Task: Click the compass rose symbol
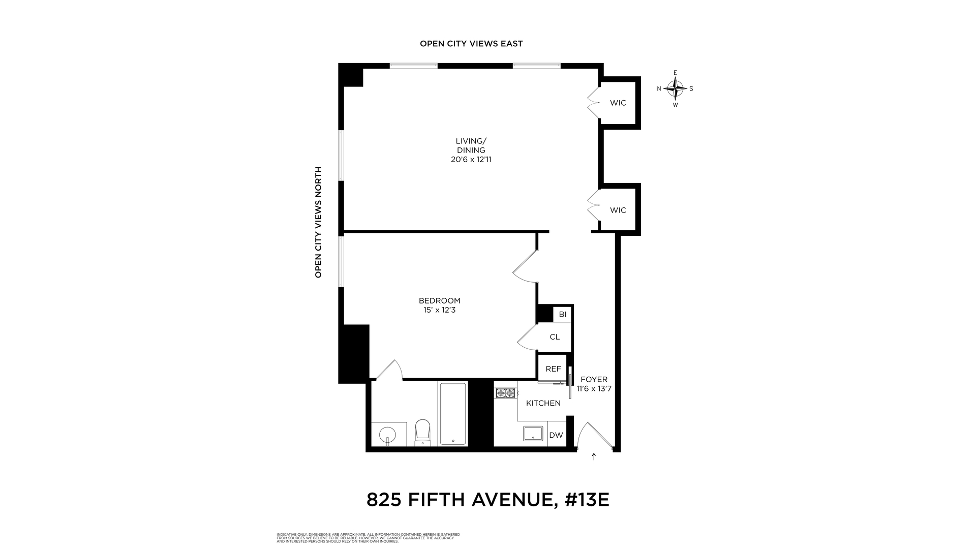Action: click(x=675, y=89)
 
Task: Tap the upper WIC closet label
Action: click(x=618, y=103)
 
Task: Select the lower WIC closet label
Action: click(x=618, y=210)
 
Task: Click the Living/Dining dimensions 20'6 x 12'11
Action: click(x=471, y=160)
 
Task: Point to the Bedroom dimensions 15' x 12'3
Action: click(x=439, y=310)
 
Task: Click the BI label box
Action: click(x=562, y=315)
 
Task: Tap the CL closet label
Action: click(x=555, y=337)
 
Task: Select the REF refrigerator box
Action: click(x=553, y=369)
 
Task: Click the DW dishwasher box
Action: click(x=557, y=435)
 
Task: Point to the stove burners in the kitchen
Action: click(x=506, y=393)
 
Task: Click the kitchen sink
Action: click(x=533, y=434)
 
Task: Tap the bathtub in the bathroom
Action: click(x=453, y=413)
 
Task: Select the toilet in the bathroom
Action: click(x=423, y=433)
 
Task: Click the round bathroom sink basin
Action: click(x=388, y=435)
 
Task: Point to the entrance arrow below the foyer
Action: click(x=594, y=456)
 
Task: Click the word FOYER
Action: click(x=594, y=380)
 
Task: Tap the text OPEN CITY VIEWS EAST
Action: click(x=471, y=44)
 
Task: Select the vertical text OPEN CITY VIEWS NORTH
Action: click(x=319, y=222)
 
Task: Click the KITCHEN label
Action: click(x=543, y=403)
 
